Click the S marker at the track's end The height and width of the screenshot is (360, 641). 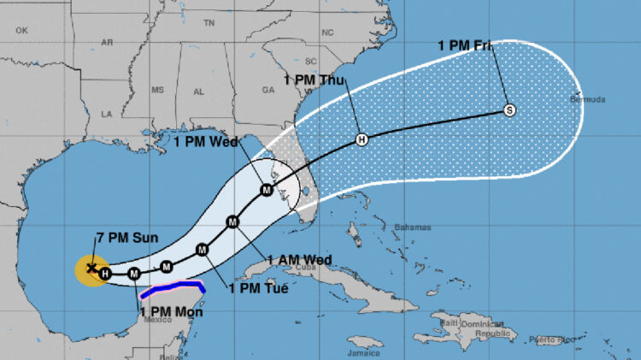(x=509, y=109)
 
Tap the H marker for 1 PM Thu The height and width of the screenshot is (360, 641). (x=362, y=139)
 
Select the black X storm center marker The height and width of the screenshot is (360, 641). (x=91, y=268)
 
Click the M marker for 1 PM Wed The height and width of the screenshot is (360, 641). (x=267, y=190)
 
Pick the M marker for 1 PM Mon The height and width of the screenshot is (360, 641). (x=134, y=274)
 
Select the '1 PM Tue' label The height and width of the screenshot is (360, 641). (x=258, y=289)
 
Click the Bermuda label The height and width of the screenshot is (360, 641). (x=588, y=100)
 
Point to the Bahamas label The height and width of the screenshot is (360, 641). (x=411, y=227)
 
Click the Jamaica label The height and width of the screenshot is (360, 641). (x=364, y=351)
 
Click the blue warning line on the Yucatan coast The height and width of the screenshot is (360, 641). (x=171, y=287)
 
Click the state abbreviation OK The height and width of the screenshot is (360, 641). (x=21, y=30)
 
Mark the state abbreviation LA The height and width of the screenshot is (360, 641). (x=107, y=113)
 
